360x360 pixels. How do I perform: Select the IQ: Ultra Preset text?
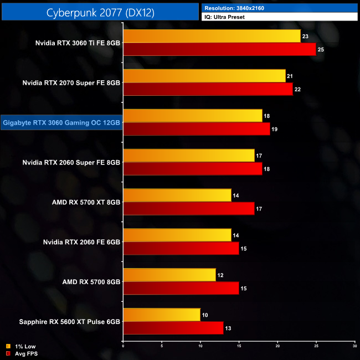[224, 17]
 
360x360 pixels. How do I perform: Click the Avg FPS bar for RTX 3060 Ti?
[219, 50]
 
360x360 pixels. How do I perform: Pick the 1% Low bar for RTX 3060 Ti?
[212, 37]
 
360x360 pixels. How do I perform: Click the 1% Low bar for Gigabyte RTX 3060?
[193, 116]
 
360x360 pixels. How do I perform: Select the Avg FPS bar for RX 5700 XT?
[188, 208]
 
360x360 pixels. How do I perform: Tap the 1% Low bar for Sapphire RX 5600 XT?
[162, 315]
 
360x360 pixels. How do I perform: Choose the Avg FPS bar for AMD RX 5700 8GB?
[181, 288]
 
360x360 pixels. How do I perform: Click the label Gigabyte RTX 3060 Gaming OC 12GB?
[61, 123]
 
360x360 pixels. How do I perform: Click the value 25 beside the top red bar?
[321, 50]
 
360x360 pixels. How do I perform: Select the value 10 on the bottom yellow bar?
[205, 315]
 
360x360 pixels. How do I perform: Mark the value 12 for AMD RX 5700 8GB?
[220, 275]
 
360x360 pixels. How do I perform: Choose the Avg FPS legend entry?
[22, 353]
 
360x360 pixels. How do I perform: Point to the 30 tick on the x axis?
[354, 346]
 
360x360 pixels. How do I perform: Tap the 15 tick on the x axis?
[239, 346]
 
